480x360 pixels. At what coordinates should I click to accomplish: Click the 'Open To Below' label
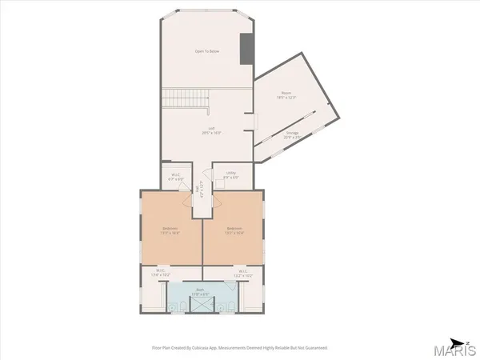(x=207, y=52)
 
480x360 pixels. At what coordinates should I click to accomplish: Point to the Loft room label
(x=212, y=130)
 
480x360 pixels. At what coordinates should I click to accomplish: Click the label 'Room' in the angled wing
(x=286, y=95)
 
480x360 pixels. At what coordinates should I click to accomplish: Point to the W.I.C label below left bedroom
(x=161, y=272)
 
